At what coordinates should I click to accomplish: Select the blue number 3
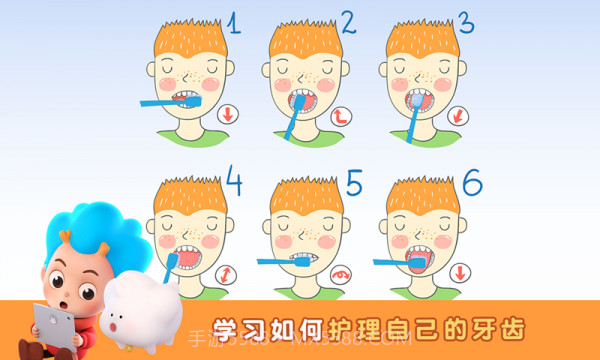coord(464,22)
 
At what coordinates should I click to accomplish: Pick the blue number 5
coord(353,182)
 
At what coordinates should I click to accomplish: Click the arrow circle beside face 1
coord(229,114)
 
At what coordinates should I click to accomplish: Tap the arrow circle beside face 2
coord(342,115)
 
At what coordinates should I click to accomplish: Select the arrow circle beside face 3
coord(459,115)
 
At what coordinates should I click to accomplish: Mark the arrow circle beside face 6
coord(461,272)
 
